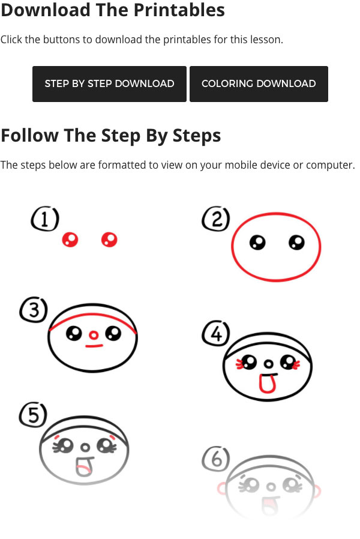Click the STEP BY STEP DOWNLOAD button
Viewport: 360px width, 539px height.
click(109, 84)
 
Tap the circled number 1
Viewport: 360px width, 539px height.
click(45, 218)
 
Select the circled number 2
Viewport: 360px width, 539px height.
click(216, 218)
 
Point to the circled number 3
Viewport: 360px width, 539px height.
click(34, 310)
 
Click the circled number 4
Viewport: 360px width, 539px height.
click(216, 334)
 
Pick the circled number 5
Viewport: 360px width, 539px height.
click(33, 415)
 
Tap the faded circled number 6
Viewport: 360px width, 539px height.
click(216, 459)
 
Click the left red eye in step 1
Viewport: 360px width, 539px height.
click(70, 239)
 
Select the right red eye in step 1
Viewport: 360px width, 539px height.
click(109, 239)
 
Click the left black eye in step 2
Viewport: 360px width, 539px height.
click(257, 242)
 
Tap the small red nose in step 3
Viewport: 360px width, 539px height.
click(94, 335)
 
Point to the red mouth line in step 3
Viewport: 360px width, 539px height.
click(94, 346)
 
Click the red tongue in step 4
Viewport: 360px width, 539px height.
click(267, 384)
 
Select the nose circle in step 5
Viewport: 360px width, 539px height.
click(85, 448)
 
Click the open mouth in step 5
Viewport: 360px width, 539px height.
click(84, 466)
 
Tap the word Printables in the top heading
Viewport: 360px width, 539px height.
click(179, 10)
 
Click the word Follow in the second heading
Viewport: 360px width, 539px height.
click(30, 135)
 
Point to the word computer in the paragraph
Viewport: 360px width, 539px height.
click(330, 165)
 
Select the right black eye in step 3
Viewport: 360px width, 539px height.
click(113, 333)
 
